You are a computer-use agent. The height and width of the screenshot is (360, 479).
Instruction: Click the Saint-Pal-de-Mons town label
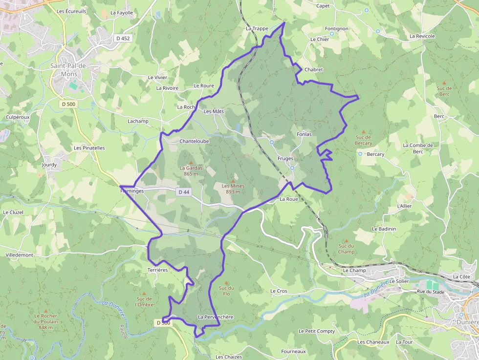pyautogui.click(x=69, y=69)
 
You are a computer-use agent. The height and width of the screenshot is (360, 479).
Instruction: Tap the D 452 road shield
pyautogui.click(x=123, y=38)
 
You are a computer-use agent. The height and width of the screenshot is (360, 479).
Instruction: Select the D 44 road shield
pyautogui.click(x=184, y=192)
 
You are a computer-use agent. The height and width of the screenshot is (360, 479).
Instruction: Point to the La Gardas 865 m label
pyautogui.click(x=191, y=170)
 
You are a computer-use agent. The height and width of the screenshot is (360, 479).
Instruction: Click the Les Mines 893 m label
pyautogui.click(x=233, y=189)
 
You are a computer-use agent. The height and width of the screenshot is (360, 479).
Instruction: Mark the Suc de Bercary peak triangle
pyautogui.click(x=363, y=131)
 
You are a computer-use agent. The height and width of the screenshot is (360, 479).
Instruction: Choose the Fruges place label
pyautogui.click(x=285, y=158)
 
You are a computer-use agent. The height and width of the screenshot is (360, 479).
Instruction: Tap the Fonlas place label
pyautogui.click(x=304, y=134)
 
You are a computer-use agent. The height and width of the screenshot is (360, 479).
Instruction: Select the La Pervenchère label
pyautogui.click(x=216, y=317)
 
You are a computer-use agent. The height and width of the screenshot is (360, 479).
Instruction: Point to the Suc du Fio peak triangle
pyautogui.click(x=226, y=282)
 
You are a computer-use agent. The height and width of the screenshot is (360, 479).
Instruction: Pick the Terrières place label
pyautogui.click(x=157, y=270)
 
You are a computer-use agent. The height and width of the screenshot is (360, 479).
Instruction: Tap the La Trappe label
pyautogui.click(x=257, y=28)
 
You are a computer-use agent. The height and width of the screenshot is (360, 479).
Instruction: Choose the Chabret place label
pyautogui.click(x=314, y=69)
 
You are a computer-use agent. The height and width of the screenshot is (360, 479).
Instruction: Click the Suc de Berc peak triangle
pyautogui.click(x=444, y=83)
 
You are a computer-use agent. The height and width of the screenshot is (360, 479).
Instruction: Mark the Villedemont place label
pyautogui.click(x=19, y=255)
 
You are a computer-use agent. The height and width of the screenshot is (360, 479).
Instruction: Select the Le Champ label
pyautogui.click(x=354, y=270)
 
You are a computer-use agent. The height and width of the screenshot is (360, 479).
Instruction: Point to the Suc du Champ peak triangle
pyautogui.click(x=347, y=241)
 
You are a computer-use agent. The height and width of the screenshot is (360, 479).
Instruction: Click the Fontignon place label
pyautogui.click(x=337, y=28)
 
